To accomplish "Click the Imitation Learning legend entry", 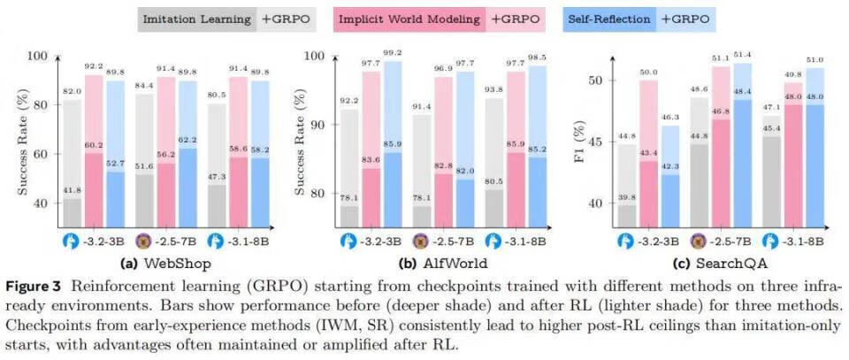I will click(x=195, y=17).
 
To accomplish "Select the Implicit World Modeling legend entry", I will click(x=408, y=17).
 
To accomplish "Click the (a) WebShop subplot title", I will click(x=156, y=263).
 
